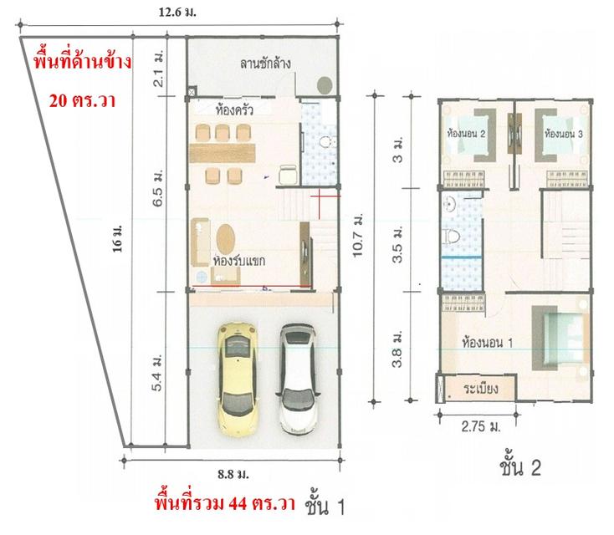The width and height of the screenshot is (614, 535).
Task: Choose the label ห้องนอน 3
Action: [x=563, y=133]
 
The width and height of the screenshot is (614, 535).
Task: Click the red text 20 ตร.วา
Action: [x=80, y=99]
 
